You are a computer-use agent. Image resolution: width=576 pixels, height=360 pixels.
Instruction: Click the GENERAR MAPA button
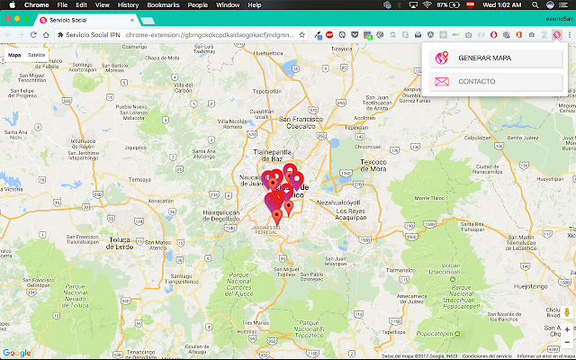[x=486, y=58]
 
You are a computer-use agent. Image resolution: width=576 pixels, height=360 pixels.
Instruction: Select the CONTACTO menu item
[x=476, y=82]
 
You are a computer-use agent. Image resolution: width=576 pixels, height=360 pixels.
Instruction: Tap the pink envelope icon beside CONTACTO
[x=441, y=82]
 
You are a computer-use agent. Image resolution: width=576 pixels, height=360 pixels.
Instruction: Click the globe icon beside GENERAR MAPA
[x=441, y=58]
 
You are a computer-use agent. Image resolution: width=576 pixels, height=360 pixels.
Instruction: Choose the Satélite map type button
[x=36, y=55]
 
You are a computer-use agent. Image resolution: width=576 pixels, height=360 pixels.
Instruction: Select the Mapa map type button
[x=14, y=55]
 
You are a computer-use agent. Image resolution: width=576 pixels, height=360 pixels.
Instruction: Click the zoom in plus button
[x=567, y=330]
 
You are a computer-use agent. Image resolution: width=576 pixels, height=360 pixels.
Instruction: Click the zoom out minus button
[x=567, y=343]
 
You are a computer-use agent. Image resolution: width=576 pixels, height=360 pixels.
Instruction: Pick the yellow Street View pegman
[x=567, y=311]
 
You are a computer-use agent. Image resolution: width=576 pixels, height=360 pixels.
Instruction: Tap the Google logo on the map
[x=16, y=353]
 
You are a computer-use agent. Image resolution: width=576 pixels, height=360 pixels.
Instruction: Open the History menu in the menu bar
[x=128, y=4]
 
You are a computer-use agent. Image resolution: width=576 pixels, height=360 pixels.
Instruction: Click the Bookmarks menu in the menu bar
[x=163, y=4]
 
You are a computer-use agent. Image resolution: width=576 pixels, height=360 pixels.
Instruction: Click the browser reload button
[x=33, y=34]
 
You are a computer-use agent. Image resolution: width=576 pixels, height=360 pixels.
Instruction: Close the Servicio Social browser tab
[x=132, y=19]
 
